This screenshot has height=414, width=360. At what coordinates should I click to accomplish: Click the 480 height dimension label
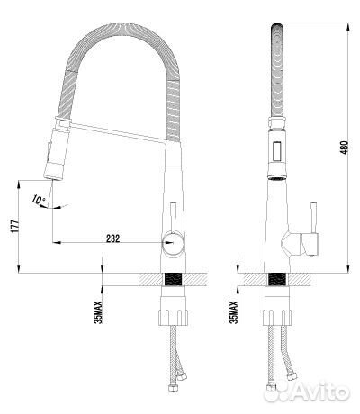[x=345, y=148]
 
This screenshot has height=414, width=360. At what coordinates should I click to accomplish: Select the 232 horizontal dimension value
[x=112, y=238]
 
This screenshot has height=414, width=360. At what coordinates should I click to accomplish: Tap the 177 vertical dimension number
[x=15, y=227]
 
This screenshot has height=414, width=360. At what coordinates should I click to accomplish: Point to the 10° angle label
[x=39, y=199]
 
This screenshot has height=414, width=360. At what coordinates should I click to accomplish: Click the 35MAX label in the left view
[x=98, y=312]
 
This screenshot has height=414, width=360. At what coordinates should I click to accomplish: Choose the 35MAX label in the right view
[x=234, y=312]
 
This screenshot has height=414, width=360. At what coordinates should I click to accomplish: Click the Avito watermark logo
[x=307, y=391]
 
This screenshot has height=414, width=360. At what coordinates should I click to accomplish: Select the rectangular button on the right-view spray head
[x=276, y=152]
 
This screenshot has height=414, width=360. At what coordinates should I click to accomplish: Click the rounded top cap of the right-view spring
[x=277, y=26]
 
